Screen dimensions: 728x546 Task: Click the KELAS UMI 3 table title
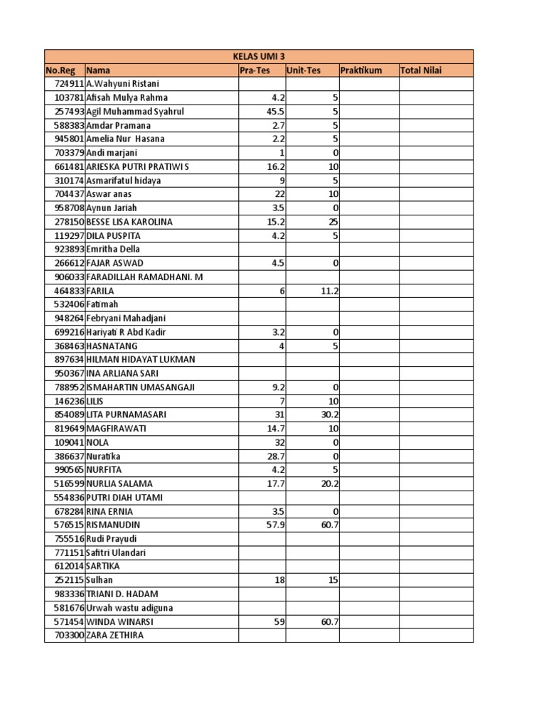tap(259, 56)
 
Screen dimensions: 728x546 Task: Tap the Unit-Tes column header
tap(304, 70)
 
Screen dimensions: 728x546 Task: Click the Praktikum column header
tap(361, 70)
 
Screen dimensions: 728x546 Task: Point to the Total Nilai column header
tap(422, 70)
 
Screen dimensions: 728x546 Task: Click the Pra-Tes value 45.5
tap(275, 112)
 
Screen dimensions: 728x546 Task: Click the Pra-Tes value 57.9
tap(275, 525)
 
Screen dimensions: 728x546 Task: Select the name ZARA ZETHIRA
tap(114, 635)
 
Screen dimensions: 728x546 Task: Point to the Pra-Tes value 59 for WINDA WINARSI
tap(279, 621)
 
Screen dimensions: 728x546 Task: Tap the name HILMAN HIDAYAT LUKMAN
tap(141, 360)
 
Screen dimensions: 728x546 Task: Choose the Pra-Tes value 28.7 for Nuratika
tap(275, 456)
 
